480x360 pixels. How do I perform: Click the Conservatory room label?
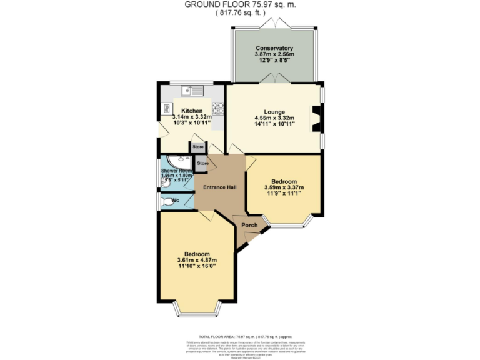point(274,48)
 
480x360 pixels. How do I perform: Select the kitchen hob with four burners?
point(218,107)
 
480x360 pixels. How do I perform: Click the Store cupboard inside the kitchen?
point(198,147)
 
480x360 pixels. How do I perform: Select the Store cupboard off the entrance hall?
point(202,164)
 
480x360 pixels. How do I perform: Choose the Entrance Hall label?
point(219,187)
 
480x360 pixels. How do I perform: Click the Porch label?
point(249,225)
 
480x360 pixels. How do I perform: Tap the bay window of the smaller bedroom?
point(286,222)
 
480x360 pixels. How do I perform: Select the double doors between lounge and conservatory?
point(274,78)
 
